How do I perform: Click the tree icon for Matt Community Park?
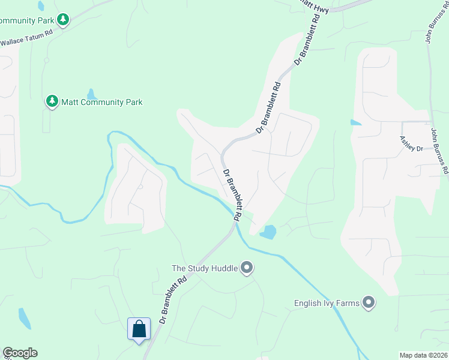pos(53,101)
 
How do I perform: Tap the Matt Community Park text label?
pos(102,102)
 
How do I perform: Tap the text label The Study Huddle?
pos(205,268)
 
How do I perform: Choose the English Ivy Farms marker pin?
pos(369,302)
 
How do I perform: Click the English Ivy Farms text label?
pos(327,303)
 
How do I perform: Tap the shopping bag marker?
pos(139,329)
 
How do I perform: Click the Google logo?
pos(20,353)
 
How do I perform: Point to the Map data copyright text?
pos(424,355)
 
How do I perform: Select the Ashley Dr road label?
pos(412,143)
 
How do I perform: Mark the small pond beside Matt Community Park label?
pos(91,94)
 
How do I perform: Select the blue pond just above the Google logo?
pos(24,319)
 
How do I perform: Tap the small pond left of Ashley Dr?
pos(355,122)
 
